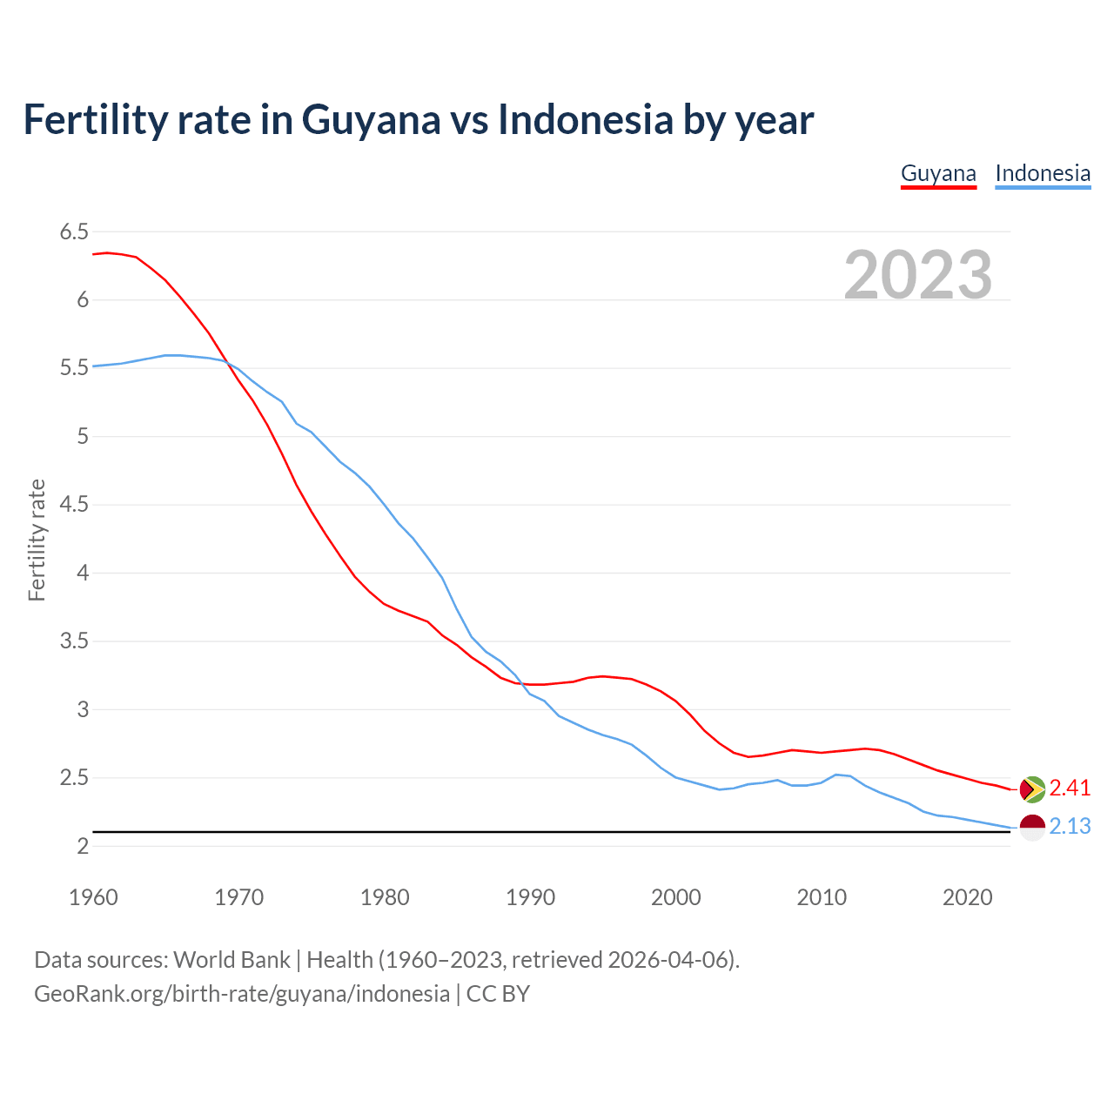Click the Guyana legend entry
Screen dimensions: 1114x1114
click(938, 173)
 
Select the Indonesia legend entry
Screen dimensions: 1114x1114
click(1043, 173)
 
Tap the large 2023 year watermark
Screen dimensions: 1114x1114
click(918, 275)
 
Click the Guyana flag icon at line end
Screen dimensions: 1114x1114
click(1032, 789)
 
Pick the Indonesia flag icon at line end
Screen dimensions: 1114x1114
click(1032, 827)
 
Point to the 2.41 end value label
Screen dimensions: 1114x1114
click(1070, 789)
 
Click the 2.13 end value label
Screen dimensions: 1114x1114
click(1070, 827)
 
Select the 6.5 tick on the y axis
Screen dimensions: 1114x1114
click(74, 232)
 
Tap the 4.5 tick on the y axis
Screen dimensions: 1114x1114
click(74, 505)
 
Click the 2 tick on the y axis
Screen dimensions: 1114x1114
click(83, 846)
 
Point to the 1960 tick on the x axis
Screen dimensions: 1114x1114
click(93, 897)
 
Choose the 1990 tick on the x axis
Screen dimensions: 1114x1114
click(530, 897)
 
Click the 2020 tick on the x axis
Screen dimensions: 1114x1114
click(967, 897)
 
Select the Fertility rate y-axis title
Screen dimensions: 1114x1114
click(37, 540)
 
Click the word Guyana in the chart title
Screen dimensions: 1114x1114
click(371, 120)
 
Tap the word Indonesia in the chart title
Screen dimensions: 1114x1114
click(586, 120)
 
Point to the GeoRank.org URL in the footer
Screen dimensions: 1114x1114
click(242, 994)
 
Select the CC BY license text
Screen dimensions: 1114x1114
click(498, 994)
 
